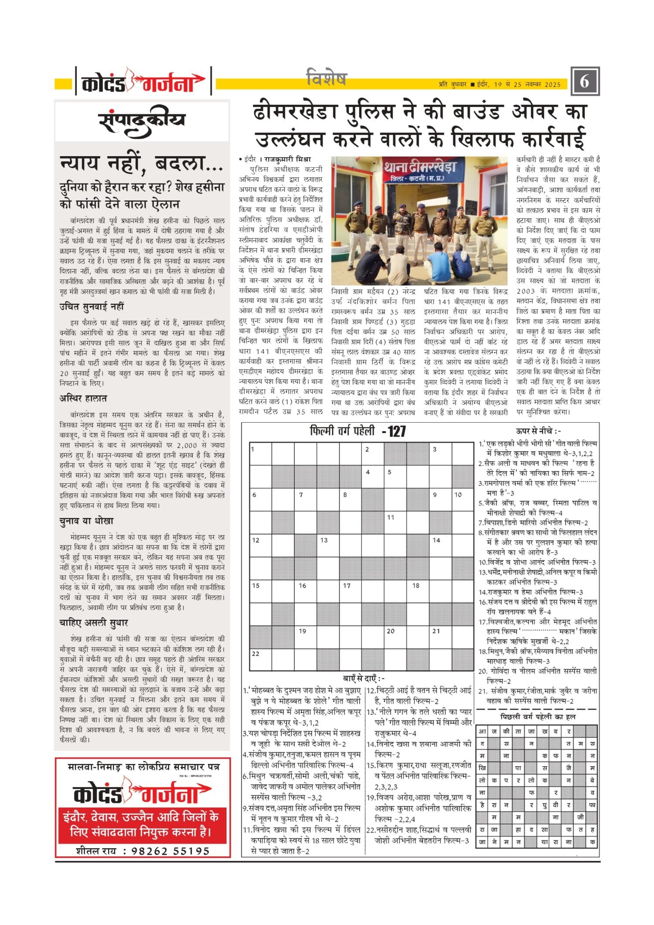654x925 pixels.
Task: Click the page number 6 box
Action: click(x=585, y=81)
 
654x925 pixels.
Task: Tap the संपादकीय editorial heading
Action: click(x=142, y=121)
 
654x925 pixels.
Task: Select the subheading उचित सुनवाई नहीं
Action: click(x=92, y=307)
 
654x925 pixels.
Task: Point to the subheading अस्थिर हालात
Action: click(x=83, y=398)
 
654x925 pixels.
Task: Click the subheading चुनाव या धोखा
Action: click(x=86, y=521)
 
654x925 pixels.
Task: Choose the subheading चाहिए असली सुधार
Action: click(x=93, y=622)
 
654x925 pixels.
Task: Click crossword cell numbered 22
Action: click(x=261, y=659)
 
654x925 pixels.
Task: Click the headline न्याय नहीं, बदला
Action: click(x=141, y=164)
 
